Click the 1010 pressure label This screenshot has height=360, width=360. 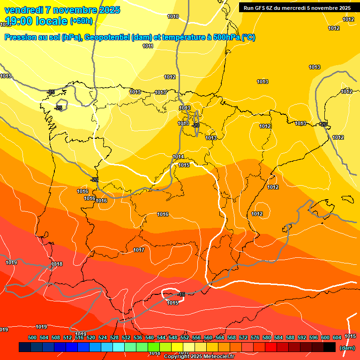coord(173,16)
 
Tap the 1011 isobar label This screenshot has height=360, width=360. coord(148,46)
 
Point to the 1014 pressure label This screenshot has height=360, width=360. coord(179,157)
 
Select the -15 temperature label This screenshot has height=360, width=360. coord(181,294)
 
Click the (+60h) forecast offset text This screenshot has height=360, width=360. coord(81,21)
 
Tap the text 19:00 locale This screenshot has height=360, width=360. coord(36,21)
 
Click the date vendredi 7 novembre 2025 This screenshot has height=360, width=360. coord(62,10)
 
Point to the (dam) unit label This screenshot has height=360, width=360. coord(347,348)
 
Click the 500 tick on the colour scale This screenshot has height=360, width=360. coord(32,337)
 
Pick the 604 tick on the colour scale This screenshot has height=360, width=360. coord(337,337)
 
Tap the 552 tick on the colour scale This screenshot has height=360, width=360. coord(185,337)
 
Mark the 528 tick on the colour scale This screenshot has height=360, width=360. coord(114,337)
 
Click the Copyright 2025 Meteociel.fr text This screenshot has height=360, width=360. coord(198,356)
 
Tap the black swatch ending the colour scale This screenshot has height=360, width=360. coord(330,347)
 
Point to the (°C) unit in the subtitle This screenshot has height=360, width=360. coord(248,37)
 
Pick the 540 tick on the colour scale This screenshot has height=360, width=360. coord(150,337)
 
